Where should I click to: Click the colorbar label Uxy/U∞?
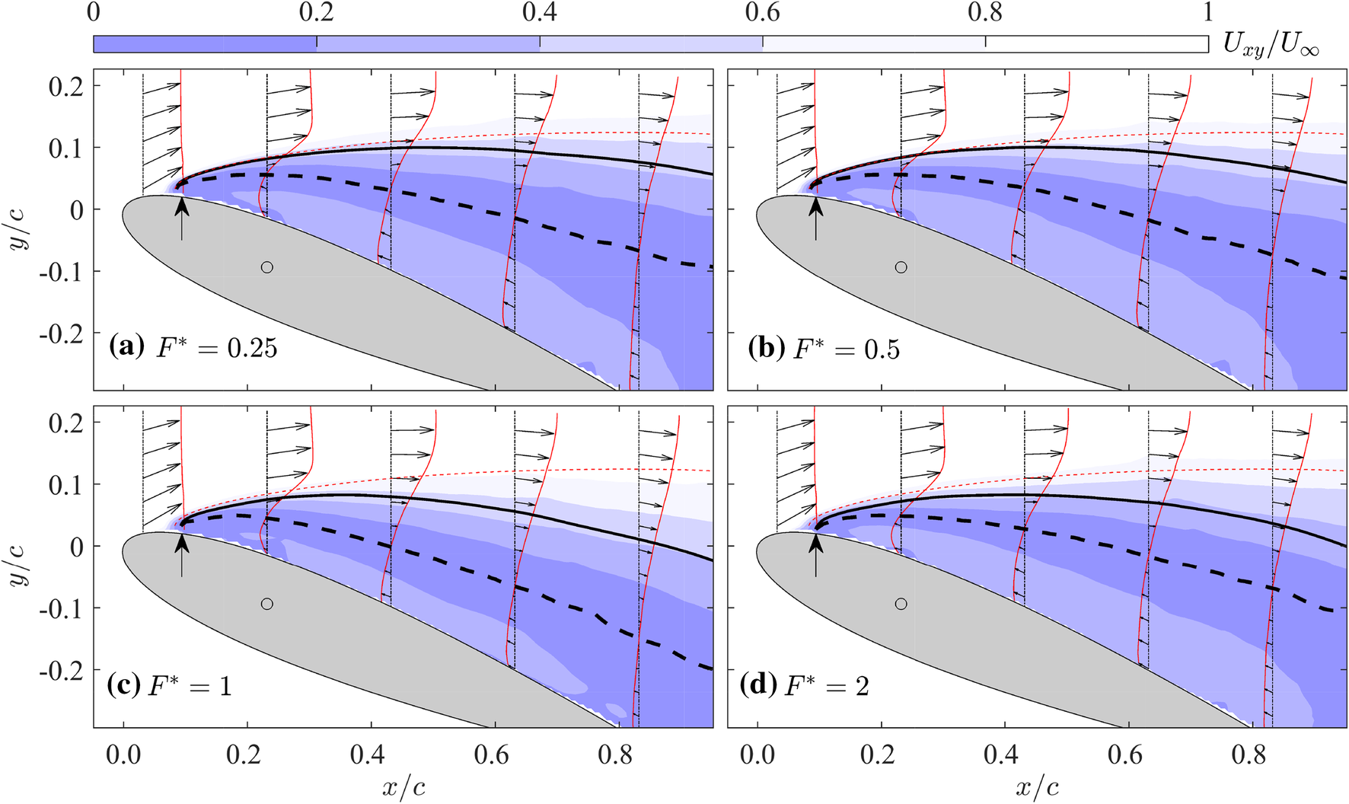(1270, 46)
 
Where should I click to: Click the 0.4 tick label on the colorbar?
(539, 13)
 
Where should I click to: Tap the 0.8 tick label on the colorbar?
(985, 13)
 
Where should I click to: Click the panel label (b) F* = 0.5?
(824, 348)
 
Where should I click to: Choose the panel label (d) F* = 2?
(804, 685)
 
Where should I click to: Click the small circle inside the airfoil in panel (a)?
(266, 267)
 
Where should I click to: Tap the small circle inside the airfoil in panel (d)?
(901, 604)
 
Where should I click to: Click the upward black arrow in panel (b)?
(815, 217)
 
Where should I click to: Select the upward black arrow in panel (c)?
(181, 554)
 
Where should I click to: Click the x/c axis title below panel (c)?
(403, 786)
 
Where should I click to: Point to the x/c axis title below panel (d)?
(1037, 786)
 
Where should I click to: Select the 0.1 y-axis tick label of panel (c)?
(65, 484)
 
